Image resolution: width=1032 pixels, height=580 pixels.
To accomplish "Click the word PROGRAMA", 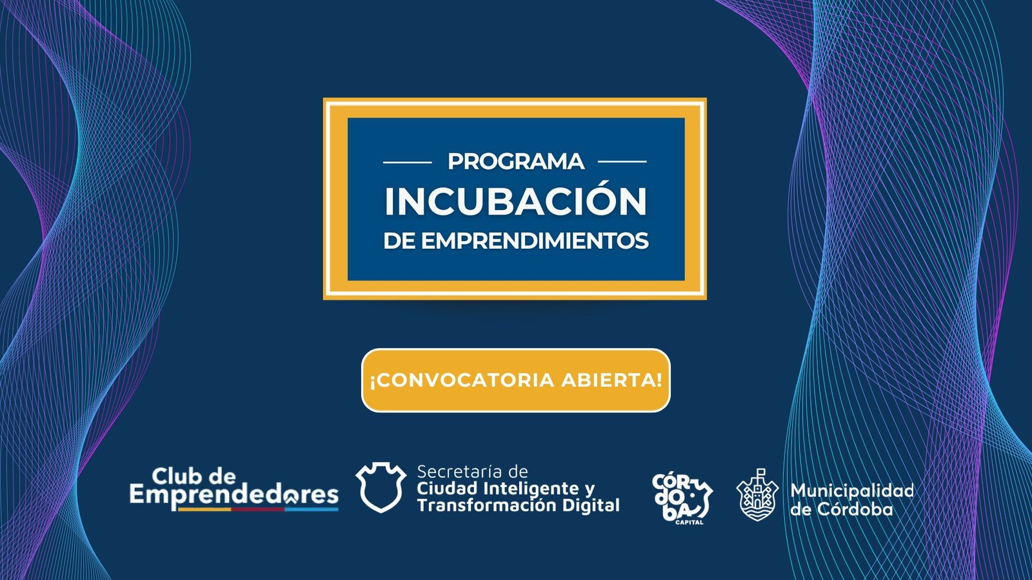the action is (516, 162).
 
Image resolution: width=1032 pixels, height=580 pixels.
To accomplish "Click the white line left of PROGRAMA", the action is (407, 162).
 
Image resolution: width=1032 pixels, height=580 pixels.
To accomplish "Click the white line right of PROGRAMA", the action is (622, 162).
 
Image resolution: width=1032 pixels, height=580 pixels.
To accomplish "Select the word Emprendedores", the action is (234, 496).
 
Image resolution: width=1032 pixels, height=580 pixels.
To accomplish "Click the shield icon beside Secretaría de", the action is (381, 487).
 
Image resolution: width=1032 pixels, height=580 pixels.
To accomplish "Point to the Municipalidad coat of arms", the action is (757, 496).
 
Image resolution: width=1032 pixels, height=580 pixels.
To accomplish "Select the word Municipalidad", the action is (852, 490).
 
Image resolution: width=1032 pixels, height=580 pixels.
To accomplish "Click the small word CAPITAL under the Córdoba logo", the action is (690, 523).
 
